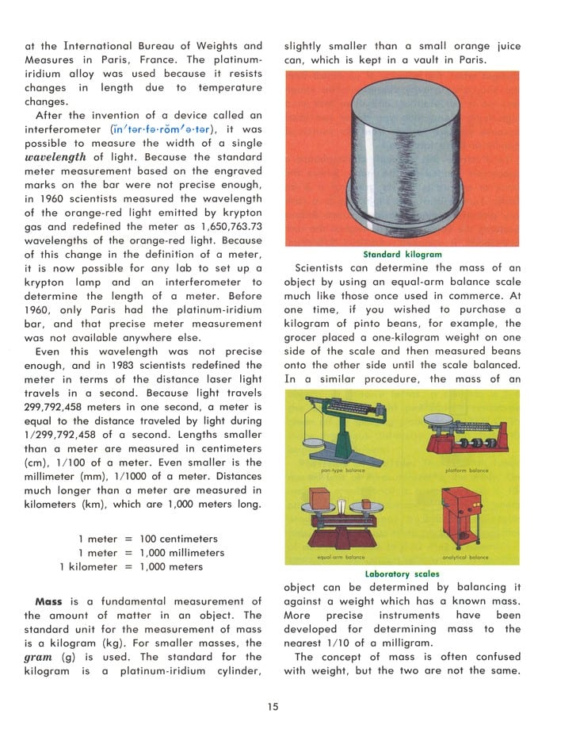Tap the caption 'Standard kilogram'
tap(402, 255)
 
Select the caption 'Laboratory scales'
tap(402, 574)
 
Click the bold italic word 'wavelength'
tap(55, 157)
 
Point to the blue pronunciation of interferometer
tap(162, 129)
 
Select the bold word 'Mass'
tap(49, 601)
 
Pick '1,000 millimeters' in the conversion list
tap(181, 552)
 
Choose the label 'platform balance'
tap(467, 470)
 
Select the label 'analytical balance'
tap(466, 558)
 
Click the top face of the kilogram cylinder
tap(402, 106)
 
